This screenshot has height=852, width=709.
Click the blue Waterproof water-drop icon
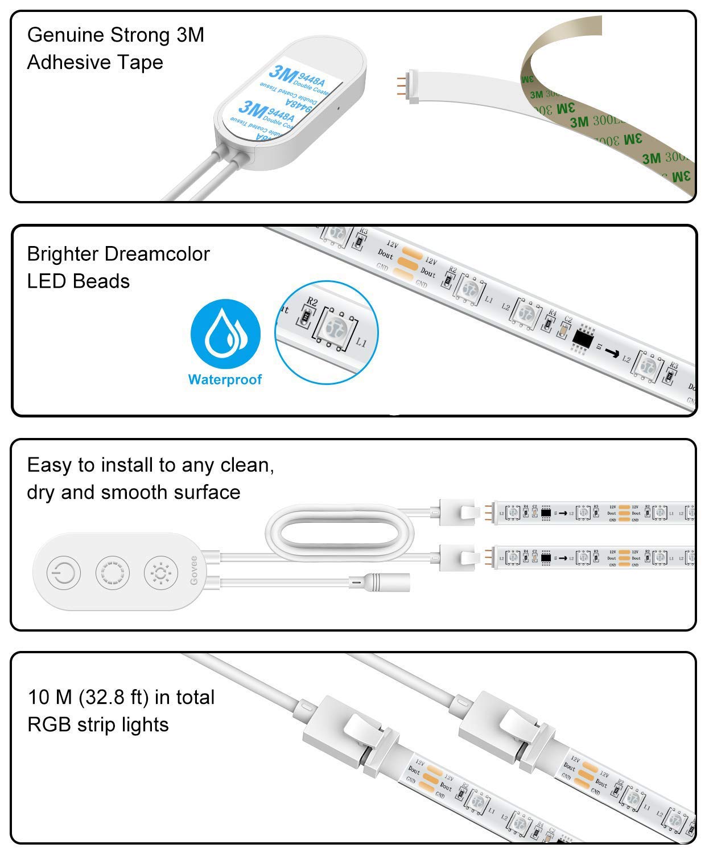[225, 335]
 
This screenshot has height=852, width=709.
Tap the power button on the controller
[64, 572]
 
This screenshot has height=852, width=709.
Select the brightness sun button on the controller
[161, 572]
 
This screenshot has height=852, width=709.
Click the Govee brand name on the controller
[194, 571]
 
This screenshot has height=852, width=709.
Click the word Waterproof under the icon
[225, 379]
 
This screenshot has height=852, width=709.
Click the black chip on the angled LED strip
[582, 338]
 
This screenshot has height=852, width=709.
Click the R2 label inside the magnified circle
[312, 301]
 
